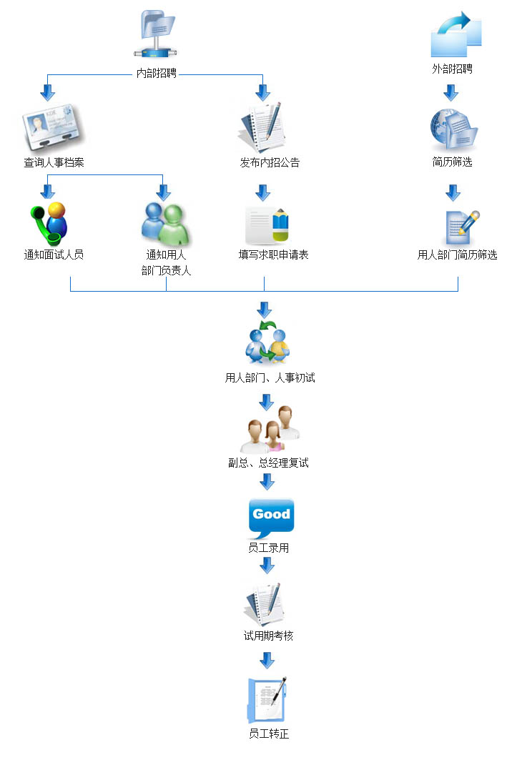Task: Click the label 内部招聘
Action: tap(157, 73)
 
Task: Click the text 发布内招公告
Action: tap(270, 162)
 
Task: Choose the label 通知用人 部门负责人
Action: tap(167, 262)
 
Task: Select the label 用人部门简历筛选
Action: tap(458, 255)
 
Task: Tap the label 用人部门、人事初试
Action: tap(270, 377)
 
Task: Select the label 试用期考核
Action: tap(268, 636)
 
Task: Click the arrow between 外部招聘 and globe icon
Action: tap(450, 92)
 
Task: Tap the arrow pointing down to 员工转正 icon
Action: tap(267, 659)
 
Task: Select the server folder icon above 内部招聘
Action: tap(157, 34)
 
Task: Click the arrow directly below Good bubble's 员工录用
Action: tap(267, 566)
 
